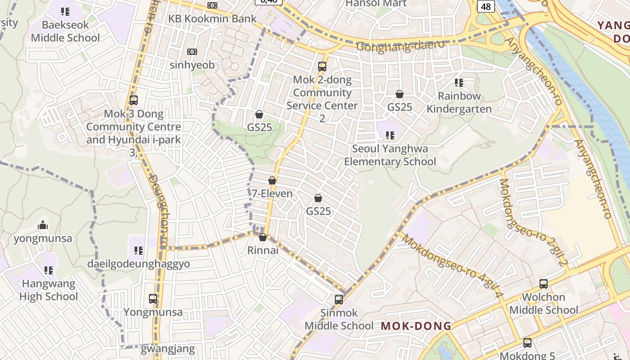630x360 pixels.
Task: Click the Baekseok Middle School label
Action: [x=65, y=31]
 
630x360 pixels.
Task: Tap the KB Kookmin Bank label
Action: [x=212, y=18]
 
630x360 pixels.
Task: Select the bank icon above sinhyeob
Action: [x=192, y=52]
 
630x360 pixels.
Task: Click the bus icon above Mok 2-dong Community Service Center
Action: [x=322, y=67]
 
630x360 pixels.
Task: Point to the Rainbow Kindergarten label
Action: [x=459, y=102]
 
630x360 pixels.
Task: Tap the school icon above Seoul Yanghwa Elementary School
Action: [x=390, y=135]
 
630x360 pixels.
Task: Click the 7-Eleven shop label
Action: [x=272, y=193]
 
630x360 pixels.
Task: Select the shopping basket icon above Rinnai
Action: [x=263, y=237]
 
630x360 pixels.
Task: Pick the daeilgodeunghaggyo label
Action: [x=139, y=264]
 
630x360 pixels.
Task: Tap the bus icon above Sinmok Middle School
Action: [x=339, y=299]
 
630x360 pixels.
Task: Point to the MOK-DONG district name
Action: [x=416, y=326]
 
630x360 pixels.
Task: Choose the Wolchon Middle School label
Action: [x=543, y=303]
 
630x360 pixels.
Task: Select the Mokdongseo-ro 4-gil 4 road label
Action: [x=452, y=266]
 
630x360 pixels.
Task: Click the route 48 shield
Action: [x=486, y=6]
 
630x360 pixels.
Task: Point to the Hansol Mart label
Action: [x=376, y=4]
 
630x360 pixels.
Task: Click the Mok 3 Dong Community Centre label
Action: [x=133, y=127]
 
